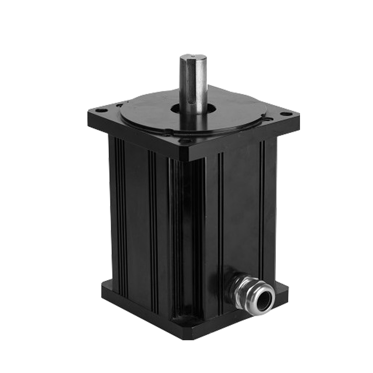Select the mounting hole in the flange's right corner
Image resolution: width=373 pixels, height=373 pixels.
point(286,113)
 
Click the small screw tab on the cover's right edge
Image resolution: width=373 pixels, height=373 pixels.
point(269,118)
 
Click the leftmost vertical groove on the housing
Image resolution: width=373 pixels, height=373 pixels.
point(117,207)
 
